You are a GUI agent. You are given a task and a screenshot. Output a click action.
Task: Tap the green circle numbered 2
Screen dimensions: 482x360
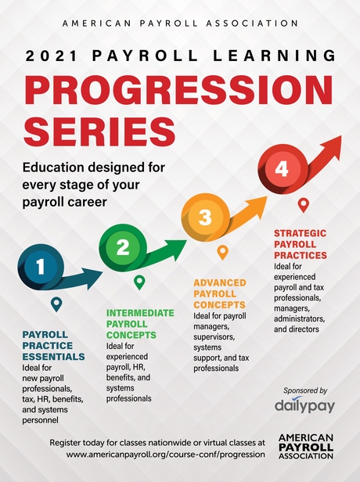click(123, 248)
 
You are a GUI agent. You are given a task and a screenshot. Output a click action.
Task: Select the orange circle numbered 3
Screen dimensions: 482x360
click(205, 218)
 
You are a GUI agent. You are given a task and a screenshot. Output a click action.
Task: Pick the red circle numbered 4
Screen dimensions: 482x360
click(281, 168)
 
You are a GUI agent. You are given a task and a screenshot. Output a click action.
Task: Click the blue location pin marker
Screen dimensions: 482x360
click(56, 304)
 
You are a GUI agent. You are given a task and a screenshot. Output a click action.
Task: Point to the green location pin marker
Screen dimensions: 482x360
click(139, 282)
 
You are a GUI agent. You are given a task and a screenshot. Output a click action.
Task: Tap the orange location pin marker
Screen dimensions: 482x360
click(222, 252)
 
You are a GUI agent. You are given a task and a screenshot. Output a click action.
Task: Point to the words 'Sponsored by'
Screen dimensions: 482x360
click(301, 390)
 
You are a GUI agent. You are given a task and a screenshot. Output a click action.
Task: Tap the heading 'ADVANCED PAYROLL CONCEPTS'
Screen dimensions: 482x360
click(219, 293)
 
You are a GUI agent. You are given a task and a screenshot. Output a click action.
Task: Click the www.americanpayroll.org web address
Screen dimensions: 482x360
click(167, 453)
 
